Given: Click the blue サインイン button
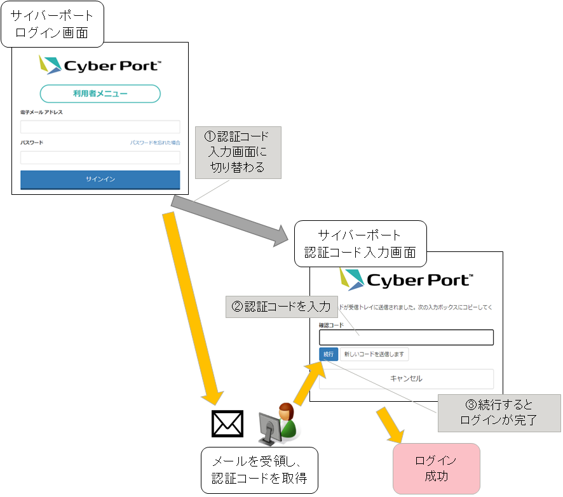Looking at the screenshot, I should tap(100, 180).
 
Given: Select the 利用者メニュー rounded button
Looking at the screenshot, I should tap(100, 94).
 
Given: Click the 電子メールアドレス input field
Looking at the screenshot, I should tap(100, 127).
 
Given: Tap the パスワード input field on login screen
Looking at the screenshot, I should tap(100, 157).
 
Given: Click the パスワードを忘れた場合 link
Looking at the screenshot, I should tap(155, 143).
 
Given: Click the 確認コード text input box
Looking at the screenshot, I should tap(406, 338).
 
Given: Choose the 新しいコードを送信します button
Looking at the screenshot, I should tap(374, 354).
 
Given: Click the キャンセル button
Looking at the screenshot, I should tap(406, 378).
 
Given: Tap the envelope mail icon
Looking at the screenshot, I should tap(227, 424).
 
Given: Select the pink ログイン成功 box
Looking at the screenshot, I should tap(435, 468).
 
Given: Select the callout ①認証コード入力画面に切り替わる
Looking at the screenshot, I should tap(237, 152).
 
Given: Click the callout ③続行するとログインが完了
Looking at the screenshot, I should tap(499, 413).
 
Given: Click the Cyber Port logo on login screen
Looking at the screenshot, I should tap(100, 65).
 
